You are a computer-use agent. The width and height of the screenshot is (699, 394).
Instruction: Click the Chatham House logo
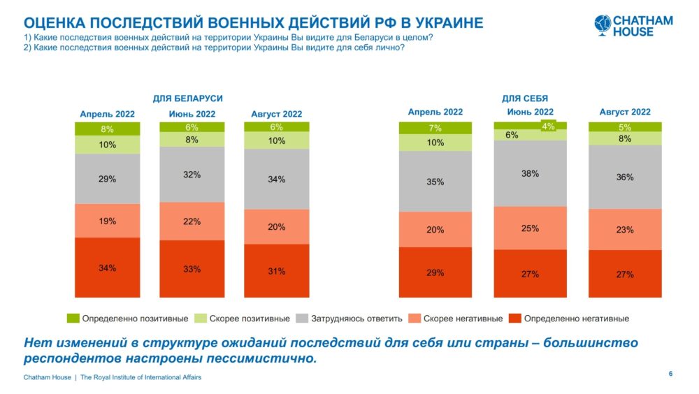[x=633, y=26]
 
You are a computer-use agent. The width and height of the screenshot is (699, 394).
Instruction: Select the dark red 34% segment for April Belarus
[x=108, y=268]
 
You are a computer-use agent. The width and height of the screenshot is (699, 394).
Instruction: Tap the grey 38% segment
[x=530, y=173]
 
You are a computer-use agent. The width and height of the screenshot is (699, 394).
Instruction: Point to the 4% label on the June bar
[x=548, y=126]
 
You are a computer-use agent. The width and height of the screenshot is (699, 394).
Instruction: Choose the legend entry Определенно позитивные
[x=130, y=319]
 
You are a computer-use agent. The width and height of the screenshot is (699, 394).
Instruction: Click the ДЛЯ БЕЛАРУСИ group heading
[x=192, y=98]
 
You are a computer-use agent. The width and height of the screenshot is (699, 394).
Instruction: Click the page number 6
[x=670, y=375]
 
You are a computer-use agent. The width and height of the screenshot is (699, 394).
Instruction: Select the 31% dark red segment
[x=276, y=270]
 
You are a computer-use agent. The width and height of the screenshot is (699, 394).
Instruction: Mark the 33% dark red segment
[x=192, y=268]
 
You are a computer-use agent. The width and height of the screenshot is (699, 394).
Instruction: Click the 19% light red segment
[x=108, y=221]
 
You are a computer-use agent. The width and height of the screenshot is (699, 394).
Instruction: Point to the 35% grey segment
[x=435, y=182]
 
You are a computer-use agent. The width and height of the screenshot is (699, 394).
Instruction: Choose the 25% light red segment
[x=530, y=228]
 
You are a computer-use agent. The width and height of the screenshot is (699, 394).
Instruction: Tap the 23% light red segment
[x=625, y=229]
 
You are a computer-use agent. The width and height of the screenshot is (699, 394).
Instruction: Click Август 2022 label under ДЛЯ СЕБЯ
[x=625, y=112]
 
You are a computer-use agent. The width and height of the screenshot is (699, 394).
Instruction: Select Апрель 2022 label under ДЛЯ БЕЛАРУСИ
[x=108, y=114]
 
